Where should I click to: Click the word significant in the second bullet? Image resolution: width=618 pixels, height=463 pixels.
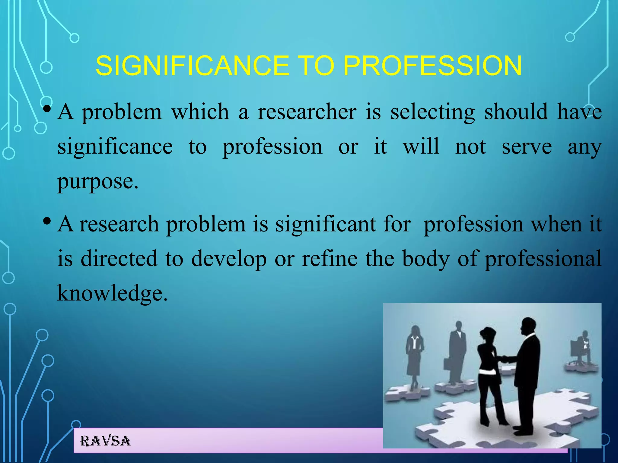(x=325, y=225)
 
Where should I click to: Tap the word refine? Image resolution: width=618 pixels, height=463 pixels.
(x=330, y=259)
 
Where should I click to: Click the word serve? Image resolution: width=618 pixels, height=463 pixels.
(x=527, y=147)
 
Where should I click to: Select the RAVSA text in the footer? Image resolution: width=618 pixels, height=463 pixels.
(x=105, y=441)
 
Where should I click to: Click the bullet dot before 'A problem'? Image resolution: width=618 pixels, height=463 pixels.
(x=46, y=109)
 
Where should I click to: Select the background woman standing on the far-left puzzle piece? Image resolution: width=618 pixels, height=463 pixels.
(x=415, y=356)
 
